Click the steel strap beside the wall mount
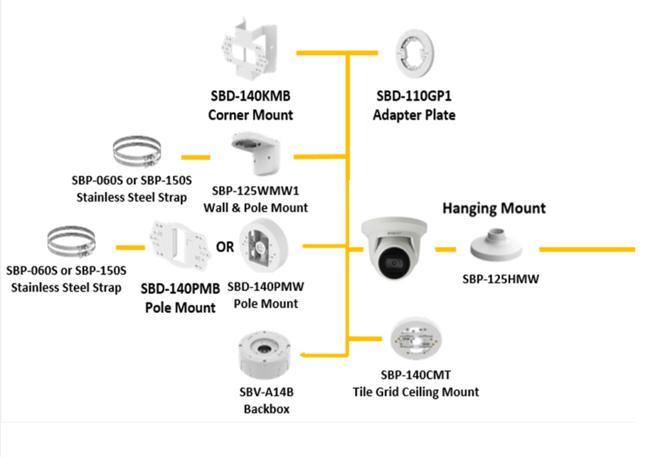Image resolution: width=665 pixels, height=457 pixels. [x=137, y=154]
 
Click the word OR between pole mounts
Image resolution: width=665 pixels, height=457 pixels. [x=225, y=247]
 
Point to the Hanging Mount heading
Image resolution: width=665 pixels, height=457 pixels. [x=493, y=208]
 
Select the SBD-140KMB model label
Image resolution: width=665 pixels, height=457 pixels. [x=251, y=97]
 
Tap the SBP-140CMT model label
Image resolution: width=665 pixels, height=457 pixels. [x=416, y=375]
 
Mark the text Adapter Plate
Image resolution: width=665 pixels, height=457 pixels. [x=414, y=115]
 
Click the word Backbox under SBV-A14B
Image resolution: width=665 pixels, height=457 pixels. [x=266, y=409]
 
